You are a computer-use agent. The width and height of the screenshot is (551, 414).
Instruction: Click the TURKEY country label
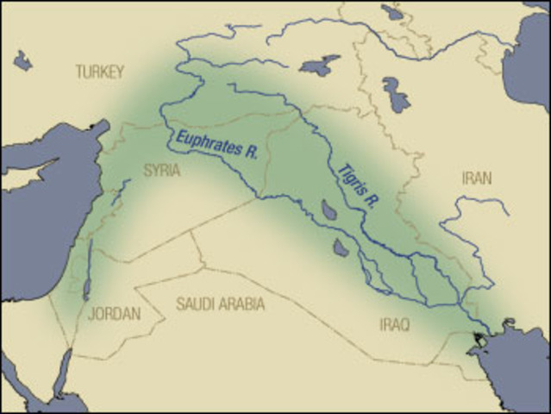pos(100,71)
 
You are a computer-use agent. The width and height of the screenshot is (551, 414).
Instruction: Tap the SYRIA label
pos(162,170)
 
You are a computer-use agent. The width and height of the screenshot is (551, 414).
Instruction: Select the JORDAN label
pos(114,314)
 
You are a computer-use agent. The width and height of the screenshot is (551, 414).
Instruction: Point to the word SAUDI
pos(196,304)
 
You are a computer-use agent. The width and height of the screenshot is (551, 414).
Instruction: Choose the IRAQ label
pos(395,324)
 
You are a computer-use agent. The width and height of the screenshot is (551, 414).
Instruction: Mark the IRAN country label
pos(477,178)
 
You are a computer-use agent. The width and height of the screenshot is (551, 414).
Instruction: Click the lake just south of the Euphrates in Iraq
pos(341,248)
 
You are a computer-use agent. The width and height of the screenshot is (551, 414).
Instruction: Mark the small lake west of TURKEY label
pos(22,60)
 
